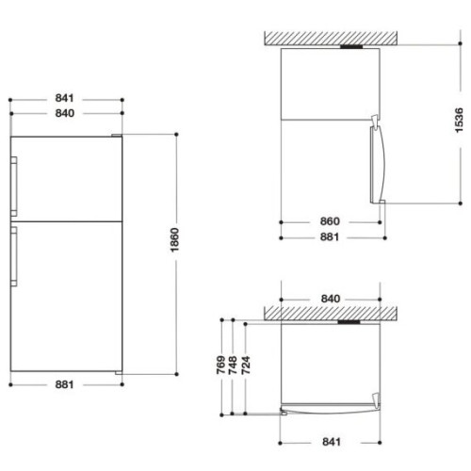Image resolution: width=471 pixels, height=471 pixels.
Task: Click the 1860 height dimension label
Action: coord(174,239)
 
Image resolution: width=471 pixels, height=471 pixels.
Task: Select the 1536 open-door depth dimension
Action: coord(459,121)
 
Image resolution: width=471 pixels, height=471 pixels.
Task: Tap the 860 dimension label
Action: coord(330,221)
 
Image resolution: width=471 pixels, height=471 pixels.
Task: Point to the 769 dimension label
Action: coord(221,365)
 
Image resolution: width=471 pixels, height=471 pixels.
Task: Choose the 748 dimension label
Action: coord(233,365)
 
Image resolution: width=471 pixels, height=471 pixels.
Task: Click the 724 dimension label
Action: coord(246,365)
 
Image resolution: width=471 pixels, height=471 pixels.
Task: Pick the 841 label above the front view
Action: coord(64,98)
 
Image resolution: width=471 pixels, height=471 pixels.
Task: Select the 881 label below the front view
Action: coord(64,384)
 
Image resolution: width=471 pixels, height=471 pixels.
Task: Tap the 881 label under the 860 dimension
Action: coord(330,236)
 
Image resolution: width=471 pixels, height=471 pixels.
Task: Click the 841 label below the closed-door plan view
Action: coord(332,442)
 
